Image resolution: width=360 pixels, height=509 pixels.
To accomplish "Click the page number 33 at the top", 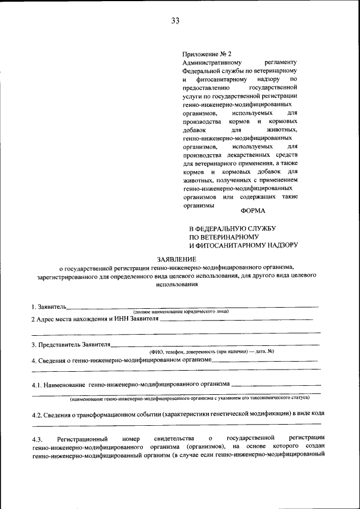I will click(x=175, y=21).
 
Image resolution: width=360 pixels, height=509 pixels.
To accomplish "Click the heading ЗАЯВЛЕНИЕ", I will click(x=177, y=259).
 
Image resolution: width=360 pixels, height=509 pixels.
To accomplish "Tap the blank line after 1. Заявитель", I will click(x=191, y=308).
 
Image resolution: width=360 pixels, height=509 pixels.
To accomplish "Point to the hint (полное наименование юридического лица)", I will click(x=181, y=312).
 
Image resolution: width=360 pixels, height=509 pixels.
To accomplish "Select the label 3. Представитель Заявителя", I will click(x=71, y=344).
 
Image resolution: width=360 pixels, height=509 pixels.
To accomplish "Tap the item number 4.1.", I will click(x=37, y=385).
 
